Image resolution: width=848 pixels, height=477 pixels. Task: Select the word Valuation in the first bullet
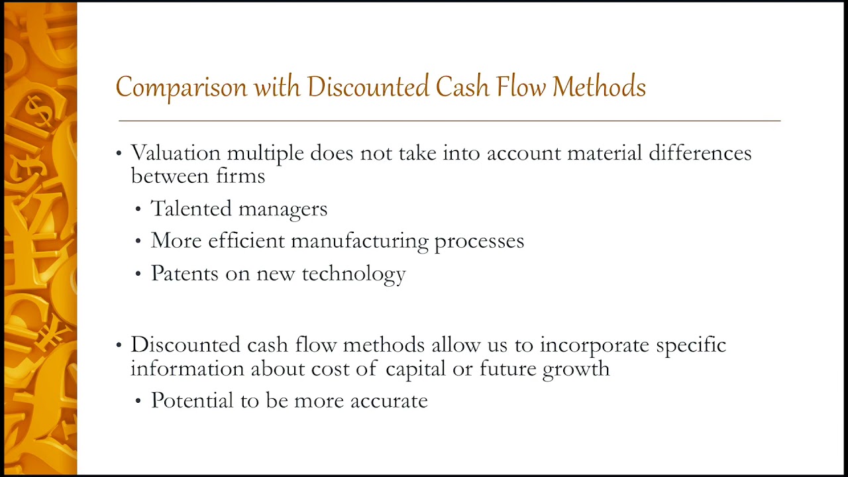(x=176, y=153)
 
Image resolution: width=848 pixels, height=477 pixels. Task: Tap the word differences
(x=700, y=153)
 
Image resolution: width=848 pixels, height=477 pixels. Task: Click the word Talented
(x=191, y=209)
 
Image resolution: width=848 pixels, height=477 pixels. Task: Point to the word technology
(x=354, y=274)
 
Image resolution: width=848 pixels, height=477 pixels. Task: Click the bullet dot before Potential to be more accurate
(x=138, y=401)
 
